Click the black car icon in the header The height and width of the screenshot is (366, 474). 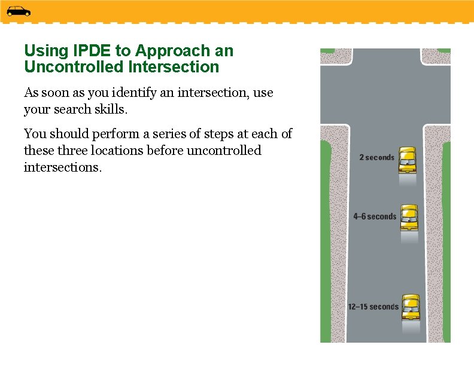19,11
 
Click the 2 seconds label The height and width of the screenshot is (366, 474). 376,158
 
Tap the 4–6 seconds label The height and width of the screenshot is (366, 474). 375,216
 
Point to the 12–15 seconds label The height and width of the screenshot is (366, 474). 373,307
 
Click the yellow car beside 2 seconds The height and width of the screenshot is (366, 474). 408,159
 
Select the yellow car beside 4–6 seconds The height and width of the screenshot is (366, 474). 409,218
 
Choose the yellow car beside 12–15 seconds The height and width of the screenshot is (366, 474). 411,307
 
